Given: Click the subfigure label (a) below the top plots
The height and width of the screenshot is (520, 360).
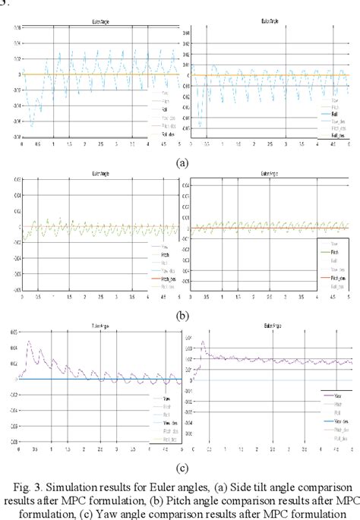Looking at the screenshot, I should pos(181,162).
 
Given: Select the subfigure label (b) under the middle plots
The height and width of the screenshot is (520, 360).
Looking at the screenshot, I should pos(181,312).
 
